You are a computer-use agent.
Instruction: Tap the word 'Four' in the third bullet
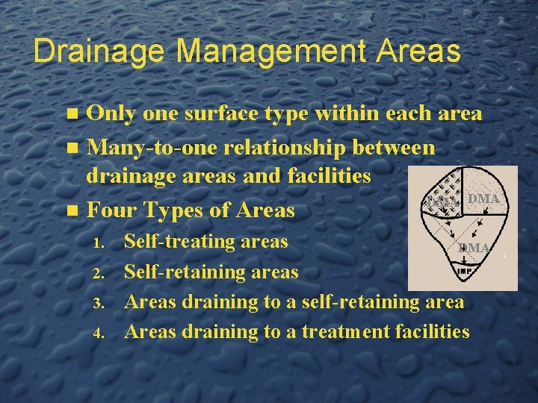click(113, 210)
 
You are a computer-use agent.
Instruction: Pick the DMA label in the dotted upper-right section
click(483, 199)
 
